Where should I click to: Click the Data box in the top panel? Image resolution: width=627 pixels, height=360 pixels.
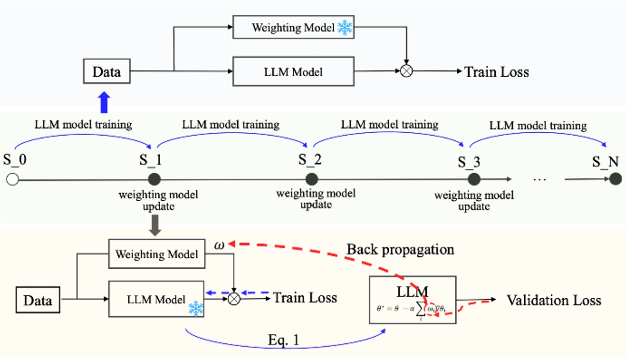pyautogui.click(x=107, y=72)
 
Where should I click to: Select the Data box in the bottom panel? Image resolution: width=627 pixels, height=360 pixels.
pyautogui.click(x=38, y=301)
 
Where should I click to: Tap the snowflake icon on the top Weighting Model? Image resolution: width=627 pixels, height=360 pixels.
pyautogui.click(x=344, y=28)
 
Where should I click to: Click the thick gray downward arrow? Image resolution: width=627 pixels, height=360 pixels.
pyautogui.click(x=156, y=226)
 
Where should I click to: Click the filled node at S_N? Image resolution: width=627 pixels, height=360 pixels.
pyautogui.click(x=615, y=180)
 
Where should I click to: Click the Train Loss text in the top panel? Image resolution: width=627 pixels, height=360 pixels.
pyautogui.click(x=496, y=72)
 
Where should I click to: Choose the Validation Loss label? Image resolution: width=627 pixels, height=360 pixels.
pyautogui.click(x=553, y=300)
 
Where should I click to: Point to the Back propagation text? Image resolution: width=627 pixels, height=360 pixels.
pyautogui.click(x=400, y=249)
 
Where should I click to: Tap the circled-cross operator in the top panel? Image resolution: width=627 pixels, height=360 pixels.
pyautogui.click(x=407, y=72)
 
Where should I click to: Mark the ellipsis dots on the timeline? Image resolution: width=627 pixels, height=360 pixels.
pyautogui.click(x=539, y=180)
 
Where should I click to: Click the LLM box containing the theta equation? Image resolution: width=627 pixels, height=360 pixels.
pyautogui.click(x=412, y=299)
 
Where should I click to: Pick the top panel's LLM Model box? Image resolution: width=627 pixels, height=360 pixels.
pyautogui.click(x=293, y=72)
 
